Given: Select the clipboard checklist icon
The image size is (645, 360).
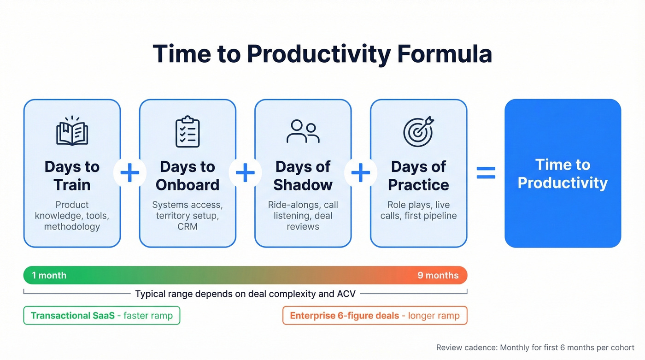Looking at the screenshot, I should [x=188, y=132].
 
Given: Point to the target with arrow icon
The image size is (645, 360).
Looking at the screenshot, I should [x=418, y=131].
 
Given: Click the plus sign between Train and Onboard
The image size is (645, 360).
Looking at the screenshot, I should [x=129, y=173].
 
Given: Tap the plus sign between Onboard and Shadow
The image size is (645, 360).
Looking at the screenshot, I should [x=245, y=173].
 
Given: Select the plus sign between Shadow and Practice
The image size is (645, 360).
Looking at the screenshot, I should [x=361, y=173].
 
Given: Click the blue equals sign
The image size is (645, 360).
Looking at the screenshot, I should [x=486, y=173].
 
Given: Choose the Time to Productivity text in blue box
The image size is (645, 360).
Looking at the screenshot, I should [x=563, y=174].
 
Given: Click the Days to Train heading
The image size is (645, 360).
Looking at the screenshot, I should [x=72, y=176].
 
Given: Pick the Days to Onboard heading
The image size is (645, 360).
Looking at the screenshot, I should [x=188, y=176].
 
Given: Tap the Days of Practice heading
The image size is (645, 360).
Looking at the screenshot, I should [x=418, y=176].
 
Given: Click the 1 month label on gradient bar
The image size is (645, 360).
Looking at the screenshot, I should [x=49, y=276].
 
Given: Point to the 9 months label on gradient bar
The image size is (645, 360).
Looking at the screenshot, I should [x=438, y=276].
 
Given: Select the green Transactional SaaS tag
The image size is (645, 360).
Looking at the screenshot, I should [x=101, y=316].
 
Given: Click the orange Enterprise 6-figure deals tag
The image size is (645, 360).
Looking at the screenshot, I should [x=375, y=316].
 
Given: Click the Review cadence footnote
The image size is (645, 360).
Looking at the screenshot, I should [x=535, y=348].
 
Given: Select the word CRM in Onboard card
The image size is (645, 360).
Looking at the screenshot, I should [x=188, y=226].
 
